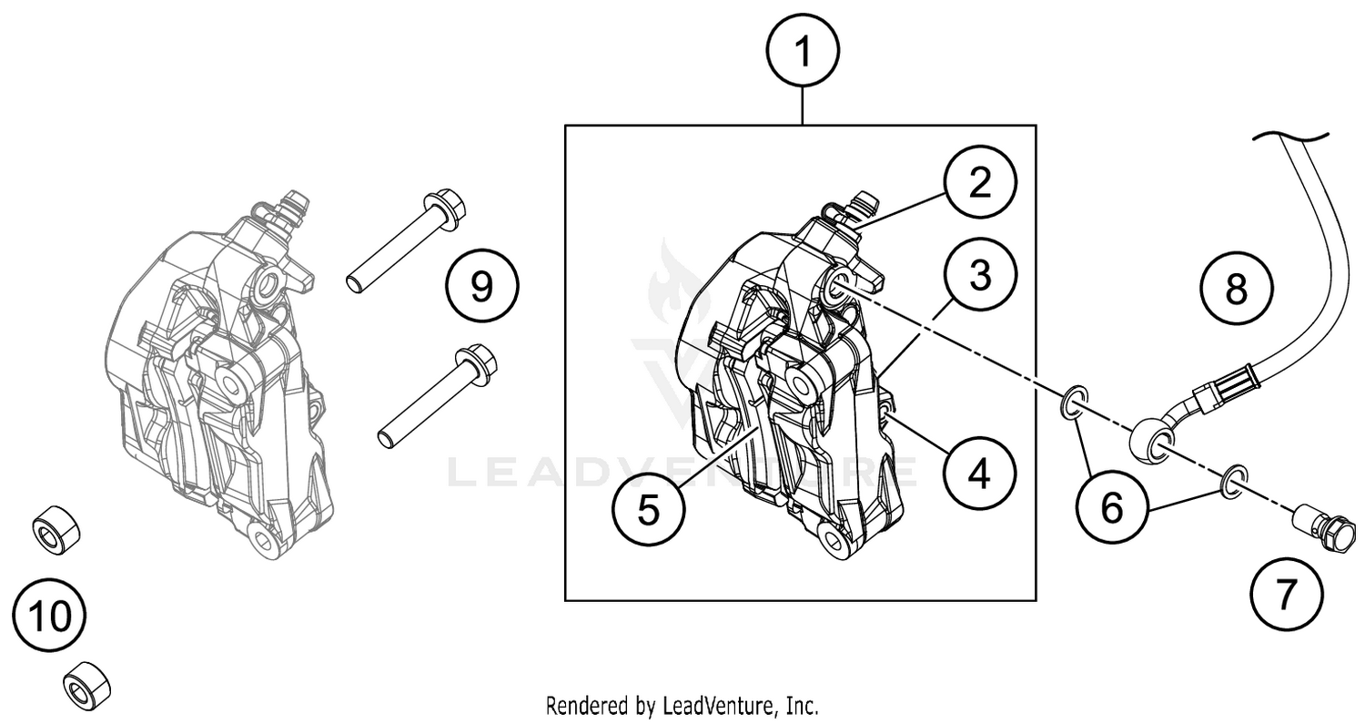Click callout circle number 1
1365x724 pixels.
point(802,52)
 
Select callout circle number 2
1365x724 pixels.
point(979,183)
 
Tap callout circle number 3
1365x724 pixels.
point(979,276)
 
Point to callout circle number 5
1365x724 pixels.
point(648,510)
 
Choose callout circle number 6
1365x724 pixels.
point(1112,507)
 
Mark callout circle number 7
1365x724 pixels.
point(1285,597)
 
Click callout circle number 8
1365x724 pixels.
point(1236,290)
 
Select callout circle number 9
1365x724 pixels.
point(481,287)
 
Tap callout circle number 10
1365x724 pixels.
point(50,617)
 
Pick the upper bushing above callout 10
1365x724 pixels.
point(56,529)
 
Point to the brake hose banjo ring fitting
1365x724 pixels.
point(1150,442)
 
